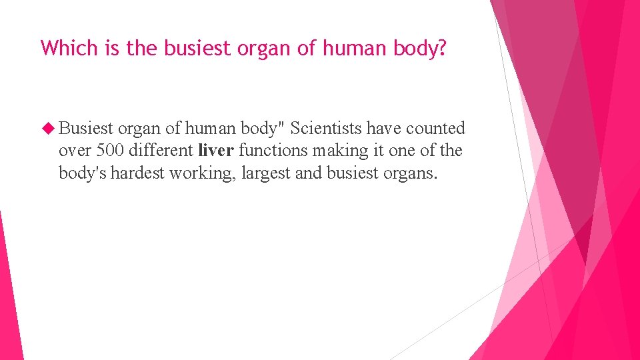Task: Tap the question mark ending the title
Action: [x=441, y=48]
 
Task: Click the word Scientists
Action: [x=327, y=128]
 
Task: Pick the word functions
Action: [x=269, y=151]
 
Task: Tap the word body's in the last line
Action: [x=83, y=173]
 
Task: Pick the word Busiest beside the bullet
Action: [x=86, y=128]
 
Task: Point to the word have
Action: [x=383, y=128]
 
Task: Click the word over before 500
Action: [x=75, y=151]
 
